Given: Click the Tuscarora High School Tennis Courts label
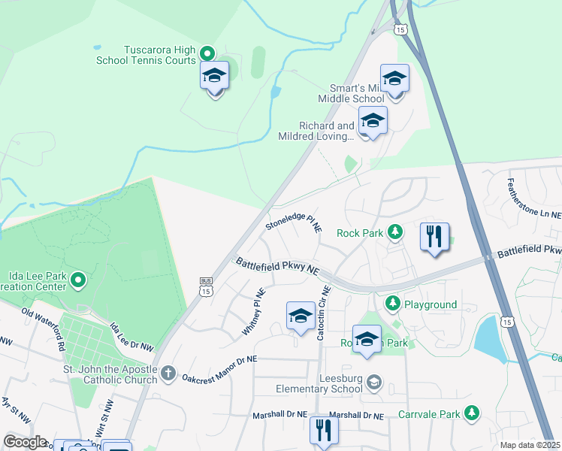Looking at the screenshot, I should pyautogui.click(x=145, y=55).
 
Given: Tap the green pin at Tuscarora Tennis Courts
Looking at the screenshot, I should pyautogui.click(x=208, y=53).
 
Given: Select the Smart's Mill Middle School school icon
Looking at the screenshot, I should pyautogui.click(x=394, y=79).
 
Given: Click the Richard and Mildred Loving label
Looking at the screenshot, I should pyautogui.click(x=316, y=132).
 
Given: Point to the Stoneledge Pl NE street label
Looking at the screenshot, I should pyautogui.click(x=294, y=223).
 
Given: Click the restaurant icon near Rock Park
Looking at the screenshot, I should pyautogui.click(x=434, y=238).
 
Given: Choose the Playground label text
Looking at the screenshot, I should pyautogui.click(x=431, y=304).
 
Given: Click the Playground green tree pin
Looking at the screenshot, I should pyautogui.click(x=391, y=303).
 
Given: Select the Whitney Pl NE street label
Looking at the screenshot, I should pyautogui.click(x=255, y=313).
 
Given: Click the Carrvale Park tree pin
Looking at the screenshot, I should pyautogui.click(x=471, y=413).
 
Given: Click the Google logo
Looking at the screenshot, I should pyautogui.click(x=26, y=441).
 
